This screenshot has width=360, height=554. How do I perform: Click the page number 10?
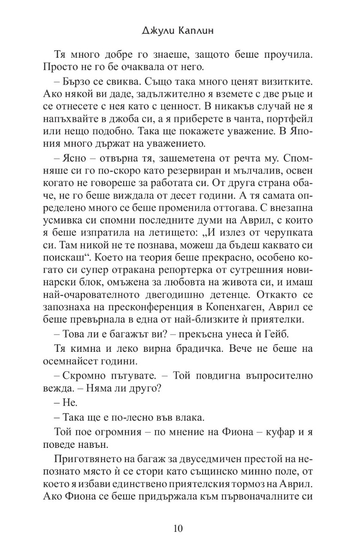179,528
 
